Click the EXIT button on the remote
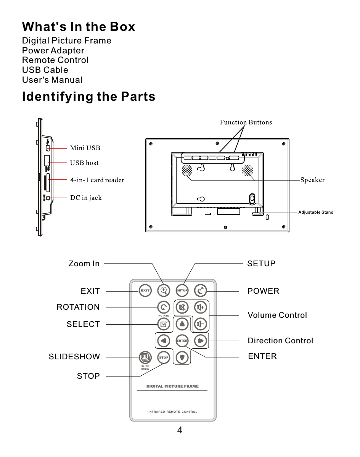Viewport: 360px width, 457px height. (x=145, y=290)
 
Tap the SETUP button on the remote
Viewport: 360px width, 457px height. (x=182, y=290)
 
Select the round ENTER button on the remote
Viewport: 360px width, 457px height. (x=182, y=341)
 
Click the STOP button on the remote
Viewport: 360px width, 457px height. (x=164, y=357)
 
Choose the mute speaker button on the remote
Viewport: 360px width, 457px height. (x=182, y=307)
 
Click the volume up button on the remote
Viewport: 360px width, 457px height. (x=201, y=307)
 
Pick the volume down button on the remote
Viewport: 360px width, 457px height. (x=201, y=324)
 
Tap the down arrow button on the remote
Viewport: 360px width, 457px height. (x=182, y=357)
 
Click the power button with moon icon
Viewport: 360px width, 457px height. (x=201, y=290)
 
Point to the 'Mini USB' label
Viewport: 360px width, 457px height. (x=85, y=148)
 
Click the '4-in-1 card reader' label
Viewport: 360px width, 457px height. (x=97, y=180)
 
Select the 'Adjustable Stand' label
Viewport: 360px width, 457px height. (x=316, y=212)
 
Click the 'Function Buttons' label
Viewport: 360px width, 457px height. (x=246, y=122)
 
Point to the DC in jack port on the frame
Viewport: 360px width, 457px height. (x=48, y=198)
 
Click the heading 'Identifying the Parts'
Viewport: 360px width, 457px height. (x=89, y=97)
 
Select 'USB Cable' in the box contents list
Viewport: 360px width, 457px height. (x=45, y=70)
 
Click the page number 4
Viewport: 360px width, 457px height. (x=180, y=431)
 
